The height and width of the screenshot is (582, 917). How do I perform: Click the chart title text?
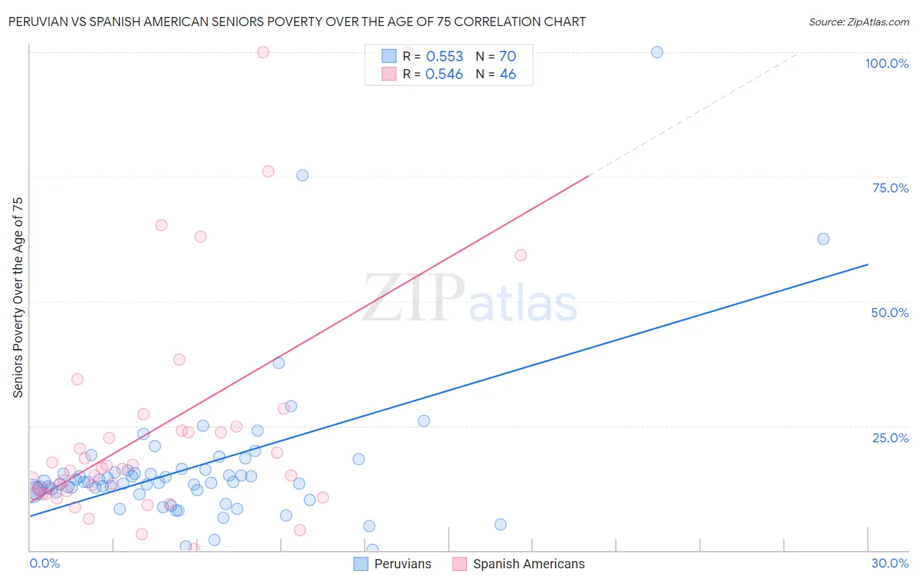click(297, 22)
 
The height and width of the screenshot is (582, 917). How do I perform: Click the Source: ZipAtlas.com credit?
click(858, 22)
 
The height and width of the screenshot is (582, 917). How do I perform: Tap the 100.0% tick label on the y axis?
click(886, 63)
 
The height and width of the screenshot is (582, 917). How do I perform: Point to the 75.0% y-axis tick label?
click(890, 188)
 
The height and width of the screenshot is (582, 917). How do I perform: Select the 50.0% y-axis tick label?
click(890, 313)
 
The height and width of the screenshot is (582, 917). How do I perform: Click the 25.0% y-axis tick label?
click(890, 438)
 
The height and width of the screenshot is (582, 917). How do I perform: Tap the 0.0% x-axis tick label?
click(44, 563)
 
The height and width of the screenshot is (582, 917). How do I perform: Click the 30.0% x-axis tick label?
click(890, 563)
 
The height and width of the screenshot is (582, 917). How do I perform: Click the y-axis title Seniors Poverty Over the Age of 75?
click(18, 298)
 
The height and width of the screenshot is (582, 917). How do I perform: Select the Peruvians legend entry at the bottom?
click(393, 564)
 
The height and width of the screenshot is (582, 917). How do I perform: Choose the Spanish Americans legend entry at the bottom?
click(519, 564)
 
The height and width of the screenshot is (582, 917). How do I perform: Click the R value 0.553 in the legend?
click(444, 57)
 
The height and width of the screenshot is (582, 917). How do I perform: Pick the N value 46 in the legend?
click(507, 74)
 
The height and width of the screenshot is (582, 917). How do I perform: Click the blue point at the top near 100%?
click(657, 52)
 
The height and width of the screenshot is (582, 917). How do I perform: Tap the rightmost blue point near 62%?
click(823, 239)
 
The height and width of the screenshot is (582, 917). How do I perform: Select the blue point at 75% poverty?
click(302, 176)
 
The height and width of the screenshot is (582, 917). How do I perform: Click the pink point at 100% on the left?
click(263, 52)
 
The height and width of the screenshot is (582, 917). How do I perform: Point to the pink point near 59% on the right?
click(520, 255)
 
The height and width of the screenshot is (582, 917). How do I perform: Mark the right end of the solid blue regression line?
click(867, 264)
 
